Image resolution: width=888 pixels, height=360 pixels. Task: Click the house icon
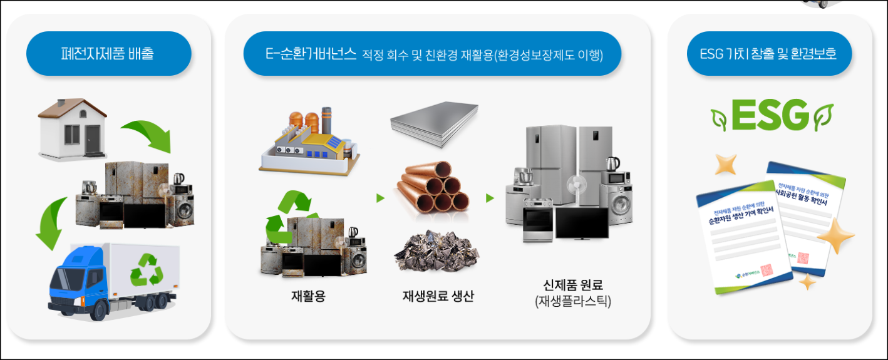pyautogui.click(x=71, y=128)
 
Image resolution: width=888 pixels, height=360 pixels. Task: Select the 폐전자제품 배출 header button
pyautogui.click(x=108, y=53)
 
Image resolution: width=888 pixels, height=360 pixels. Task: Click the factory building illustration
pyautogui.click(x=308, y=140)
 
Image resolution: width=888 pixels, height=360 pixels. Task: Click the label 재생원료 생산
pyautogui.click(x=438, y=296)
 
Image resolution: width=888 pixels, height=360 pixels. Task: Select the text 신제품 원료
pyautogui.click(x=572, y=285)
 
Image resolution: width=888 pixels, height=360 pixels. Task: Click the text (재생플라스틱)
pyautogui.click(x=572, y=302)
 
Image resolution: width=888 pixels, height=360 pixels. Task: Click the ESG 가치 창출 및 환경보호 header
pyautogui.click(x=770, y=53)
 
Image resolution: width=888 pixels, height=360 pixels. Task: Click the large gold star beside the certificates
pyautogui.click(x=835, y=237)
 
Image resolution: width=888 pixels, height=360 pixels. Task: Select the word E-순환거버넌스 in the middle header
pyautogui.click(x=311, y=54)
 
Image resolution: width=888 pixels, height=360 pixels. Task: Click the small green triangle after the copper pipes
pyautogui.click(x=490, y=198)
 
